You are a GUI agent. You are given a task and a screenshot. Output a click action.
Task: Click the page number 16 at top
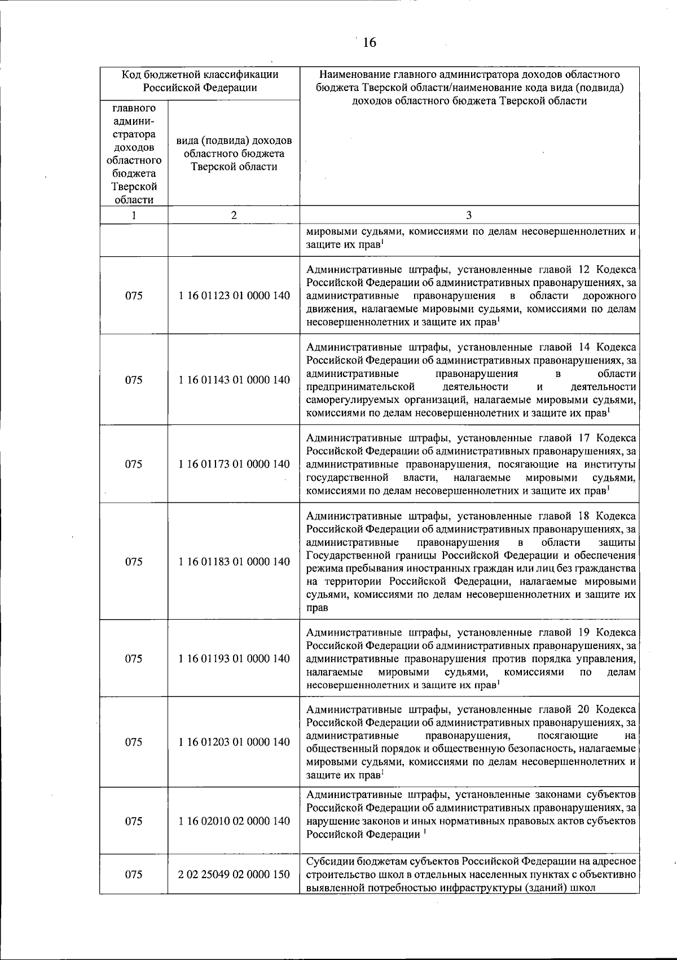point(370,43)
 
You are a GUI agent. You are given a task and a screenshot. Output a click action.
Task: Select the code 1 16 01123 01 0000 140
point(234,296)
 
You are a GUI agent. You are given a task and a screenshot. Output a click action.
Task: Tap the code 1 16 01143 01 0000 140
point(234,380)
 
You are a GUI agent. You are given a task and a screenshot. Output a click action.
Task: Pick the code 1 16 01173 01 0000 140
point(234,464)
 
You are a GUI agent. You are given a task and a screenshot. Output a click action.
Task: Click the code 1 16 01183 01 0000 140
point(234,562)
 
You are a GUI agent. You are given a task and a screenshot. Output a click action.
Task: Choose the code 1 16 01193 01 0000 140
point(234,659)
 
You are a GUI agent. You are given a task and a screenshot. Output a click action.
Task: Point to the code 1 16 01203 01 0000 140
point(234,742)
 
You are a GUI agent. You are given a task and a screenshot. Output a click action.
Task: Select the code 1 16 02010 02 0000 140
point(234,821)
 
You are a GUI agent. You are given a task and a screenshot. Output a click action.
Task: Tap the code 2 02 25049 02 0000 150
point(234,890)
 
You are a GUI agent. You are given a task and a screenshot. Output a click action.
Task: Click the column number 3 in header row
point(469,215)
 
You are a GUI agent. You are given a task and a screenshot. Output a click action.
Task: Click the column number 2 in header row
point(234,215)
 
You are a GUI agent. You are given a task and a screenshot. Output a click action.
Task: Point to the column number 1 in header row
point(134,215)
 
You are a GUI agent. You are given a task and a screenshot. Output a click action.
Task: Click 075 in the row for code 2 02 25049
point(134,890)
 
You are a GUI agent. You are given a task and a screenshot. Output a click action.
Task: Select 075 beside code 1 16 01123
point(134,296)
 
